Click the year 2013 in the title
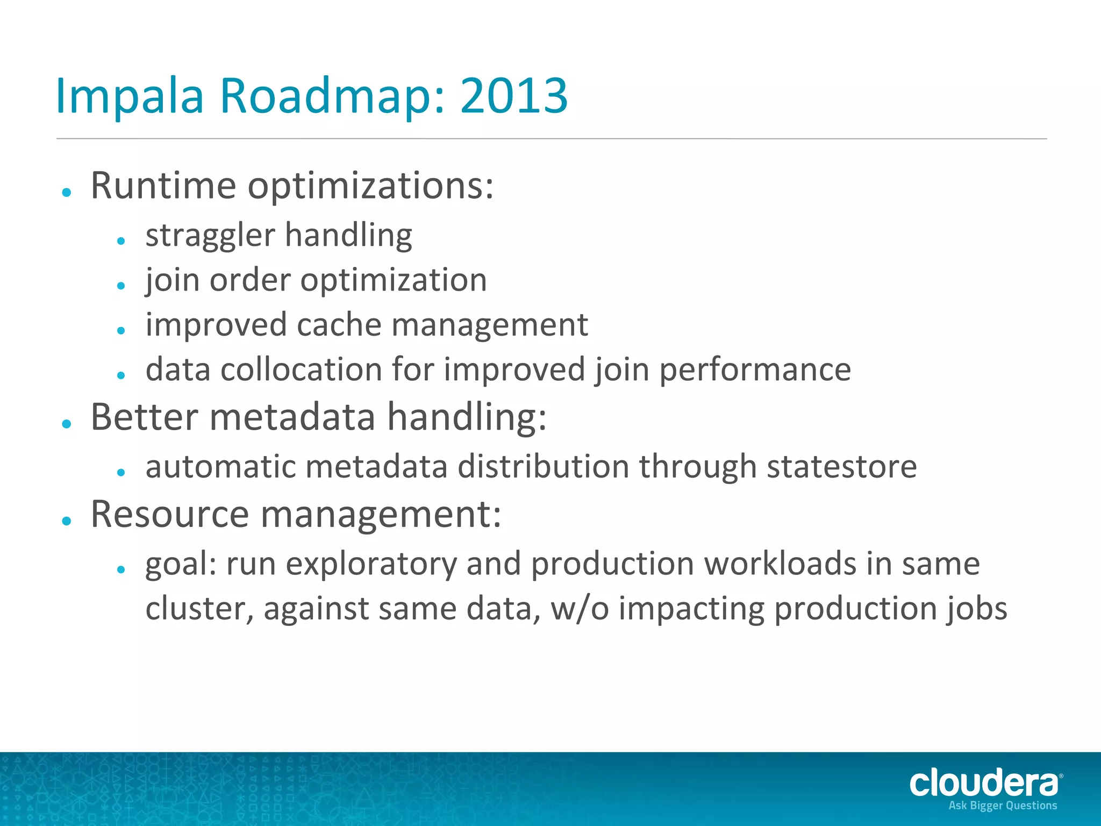(513, 96)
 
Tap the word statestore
(841, 467)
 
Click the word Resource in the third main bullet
(169, 515)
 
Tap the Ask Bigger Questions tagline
(1003, 806)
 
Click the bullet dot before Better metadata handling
(67, 424)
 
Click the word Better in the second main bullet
(144, 417)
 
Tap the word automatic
(220, 467)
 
